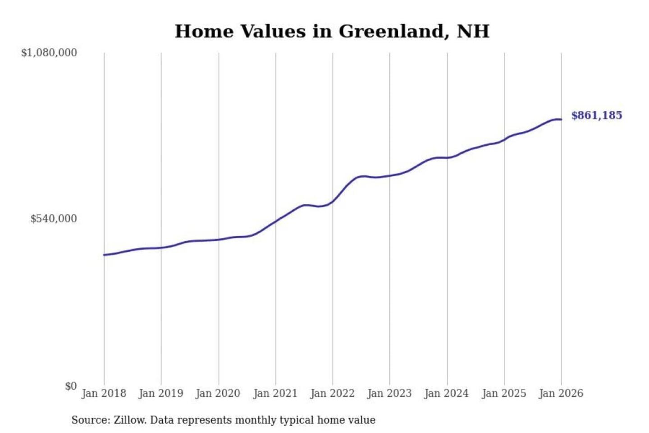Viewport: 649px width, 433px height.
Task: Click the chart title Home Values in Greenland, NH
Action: [x=332, y=32]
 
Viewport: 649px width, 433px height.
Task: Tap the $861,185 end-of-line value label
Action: [x=596, y=115]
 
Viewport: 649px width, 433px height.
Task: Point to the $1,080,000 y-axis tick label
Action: [x=49, y=53]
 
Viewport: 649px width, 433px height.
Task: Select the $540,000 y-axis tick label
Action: [x=54, y=219]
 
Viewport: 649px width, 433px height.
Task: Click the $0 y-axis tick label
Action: [x=71, y=386]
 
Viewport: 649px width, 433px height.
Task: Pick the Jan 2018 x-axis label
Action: [x=104, y=393]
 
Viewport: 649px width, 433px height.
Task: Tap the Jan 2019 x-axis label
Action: [x=161, y=393]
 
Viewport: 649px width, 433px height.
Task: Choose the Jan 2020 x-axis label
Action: [x=218, y=393]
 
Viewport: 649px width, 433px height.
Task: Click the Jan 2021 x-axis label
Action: [x=275, y=393]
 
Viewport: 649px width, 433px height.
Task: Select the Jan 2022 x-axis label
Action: [x=333, y=393]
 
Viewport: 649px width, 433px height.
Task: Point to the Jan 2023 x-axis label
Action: [x=390, y=393]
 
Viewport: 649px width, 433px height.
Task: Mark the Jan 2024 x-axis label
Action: [x=447, y=393]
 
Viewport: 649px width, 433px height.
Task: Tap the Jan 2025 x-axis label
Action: [x=504, y=393]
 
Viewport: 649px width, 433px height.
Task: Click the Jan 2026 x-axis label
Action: [x=561, y=393]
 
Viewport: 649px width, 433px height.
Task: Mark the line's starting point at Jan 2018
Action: [x=104, y=255]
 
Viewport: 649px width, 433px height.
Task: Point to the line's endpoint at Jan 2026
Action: [x=561, y=120]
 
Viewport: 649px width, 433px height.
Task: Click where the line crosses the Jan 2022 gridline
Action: [x=333, y=201]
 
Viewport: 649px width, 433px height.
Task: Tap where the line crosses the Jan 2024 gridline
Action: [x=448, y=158]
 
